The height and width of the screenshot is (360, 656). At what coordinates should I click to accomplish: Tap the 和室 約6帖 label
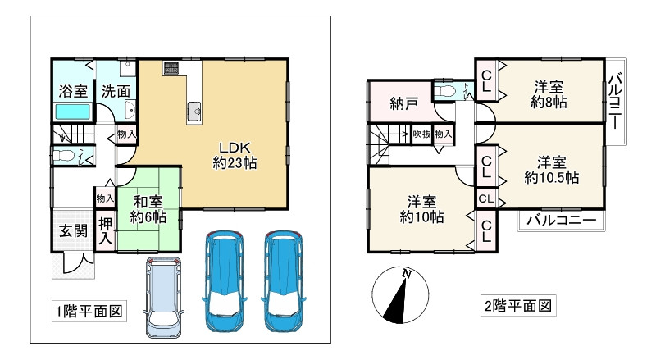tap(148, 209)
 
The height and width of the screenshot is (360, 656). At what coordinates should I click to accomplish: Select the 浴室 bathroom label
tap(72, 91)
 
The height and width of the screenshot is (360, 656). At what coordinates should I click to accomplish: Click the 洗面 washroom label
tap(116, 91)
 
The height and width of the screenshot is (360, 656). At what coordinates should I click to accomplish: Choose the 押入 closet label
tap(106, 231)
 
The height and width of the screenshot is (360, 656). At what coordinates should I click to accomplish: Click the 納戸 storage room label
tap(403, 103)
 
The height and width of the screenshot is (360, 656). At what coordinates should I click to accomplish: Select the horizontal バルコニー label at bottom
tap(561, 220)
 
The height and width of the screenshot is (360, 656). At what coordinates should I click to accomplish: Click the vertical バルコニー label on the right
tap(615, 105)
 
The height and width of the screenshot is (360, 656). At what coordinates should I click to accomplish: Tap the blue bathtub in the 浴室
tap(72, 112)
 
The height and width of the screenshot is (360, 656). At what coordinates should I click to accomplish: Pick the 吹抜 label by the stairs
tap(421, 134)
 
